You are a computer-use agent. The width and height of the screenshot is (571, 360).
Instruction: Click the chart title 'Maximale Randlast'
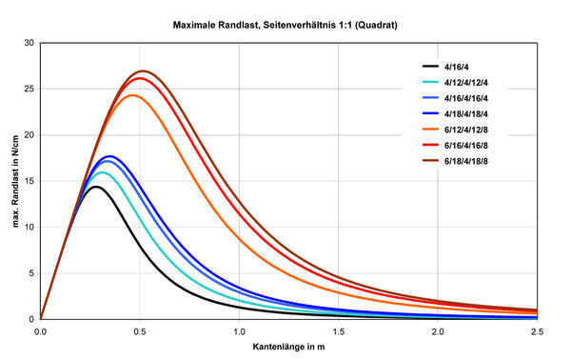[x=285, y=23]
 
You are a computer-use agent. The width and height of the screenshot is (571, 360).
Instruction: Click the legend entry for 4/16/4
[x=460, y=66]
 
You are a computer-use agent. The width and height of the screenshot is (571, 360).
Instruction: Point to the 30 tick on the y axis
[x=30, y=43]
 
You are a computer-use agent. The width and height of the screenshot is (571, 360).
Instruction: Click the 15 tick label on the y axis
[x=30, y=181]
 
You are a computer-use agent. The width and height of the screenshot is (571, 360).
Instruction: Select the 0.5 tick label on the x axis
[x=139, y=330]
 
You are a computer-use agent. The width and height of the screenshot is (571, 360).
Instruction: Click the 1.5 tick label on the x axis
[x=338, y=330]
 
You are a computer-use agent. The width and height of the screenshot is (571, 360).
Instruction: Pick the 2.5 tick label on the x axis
[x=536, y=330]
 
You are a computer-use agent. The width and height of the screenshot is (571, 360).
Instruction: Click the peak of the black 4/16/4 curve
[x=96, y=187]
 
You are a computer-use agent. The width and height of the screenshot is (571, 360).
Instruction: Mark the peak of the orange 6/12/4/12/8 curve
[x=131, y=95]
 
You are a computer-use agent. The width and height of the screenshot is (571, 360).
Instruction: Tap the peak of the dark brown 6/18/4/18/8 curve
[x=143, y=71]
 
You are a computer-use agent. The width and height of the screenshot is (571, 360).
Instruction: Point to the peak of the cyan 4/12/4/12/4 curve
[x=104, y=172]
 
